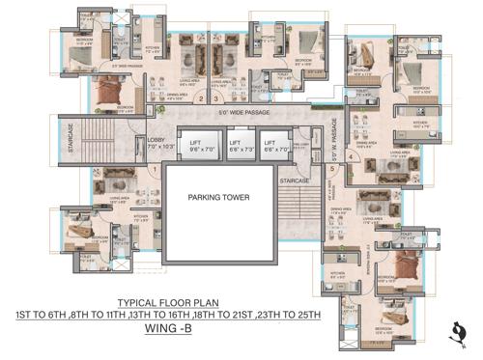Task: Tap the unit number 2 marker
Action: coord(201,98)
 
